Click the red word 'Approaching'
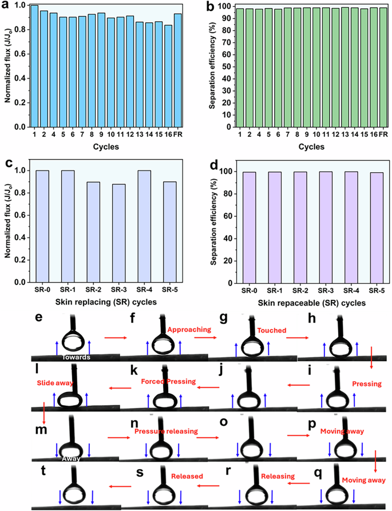pos(189,330)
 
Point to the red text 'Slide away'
pos(55,382)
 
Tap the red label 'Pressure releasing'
pos(165,431)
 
